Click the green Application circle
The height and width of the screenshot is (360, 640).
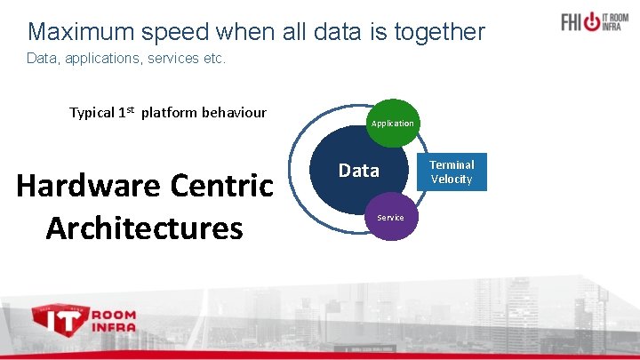pos(392,123)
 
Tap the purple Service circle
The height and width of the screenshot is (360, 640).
pos(390,218)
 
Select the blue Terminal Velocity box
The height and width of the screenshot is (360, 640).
pos(452,172)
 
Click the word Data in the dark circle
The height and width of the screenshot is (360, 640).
pos(358,171)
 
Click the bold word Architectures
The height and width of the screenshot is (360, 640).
pos(144,228)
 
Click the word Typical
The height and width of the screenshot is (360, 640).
pos(92,113)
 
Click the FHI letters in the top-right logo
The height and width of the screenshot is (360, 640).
pos(575,22)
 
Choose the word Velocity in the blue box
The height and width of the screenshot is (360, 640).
pos(452,180)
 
